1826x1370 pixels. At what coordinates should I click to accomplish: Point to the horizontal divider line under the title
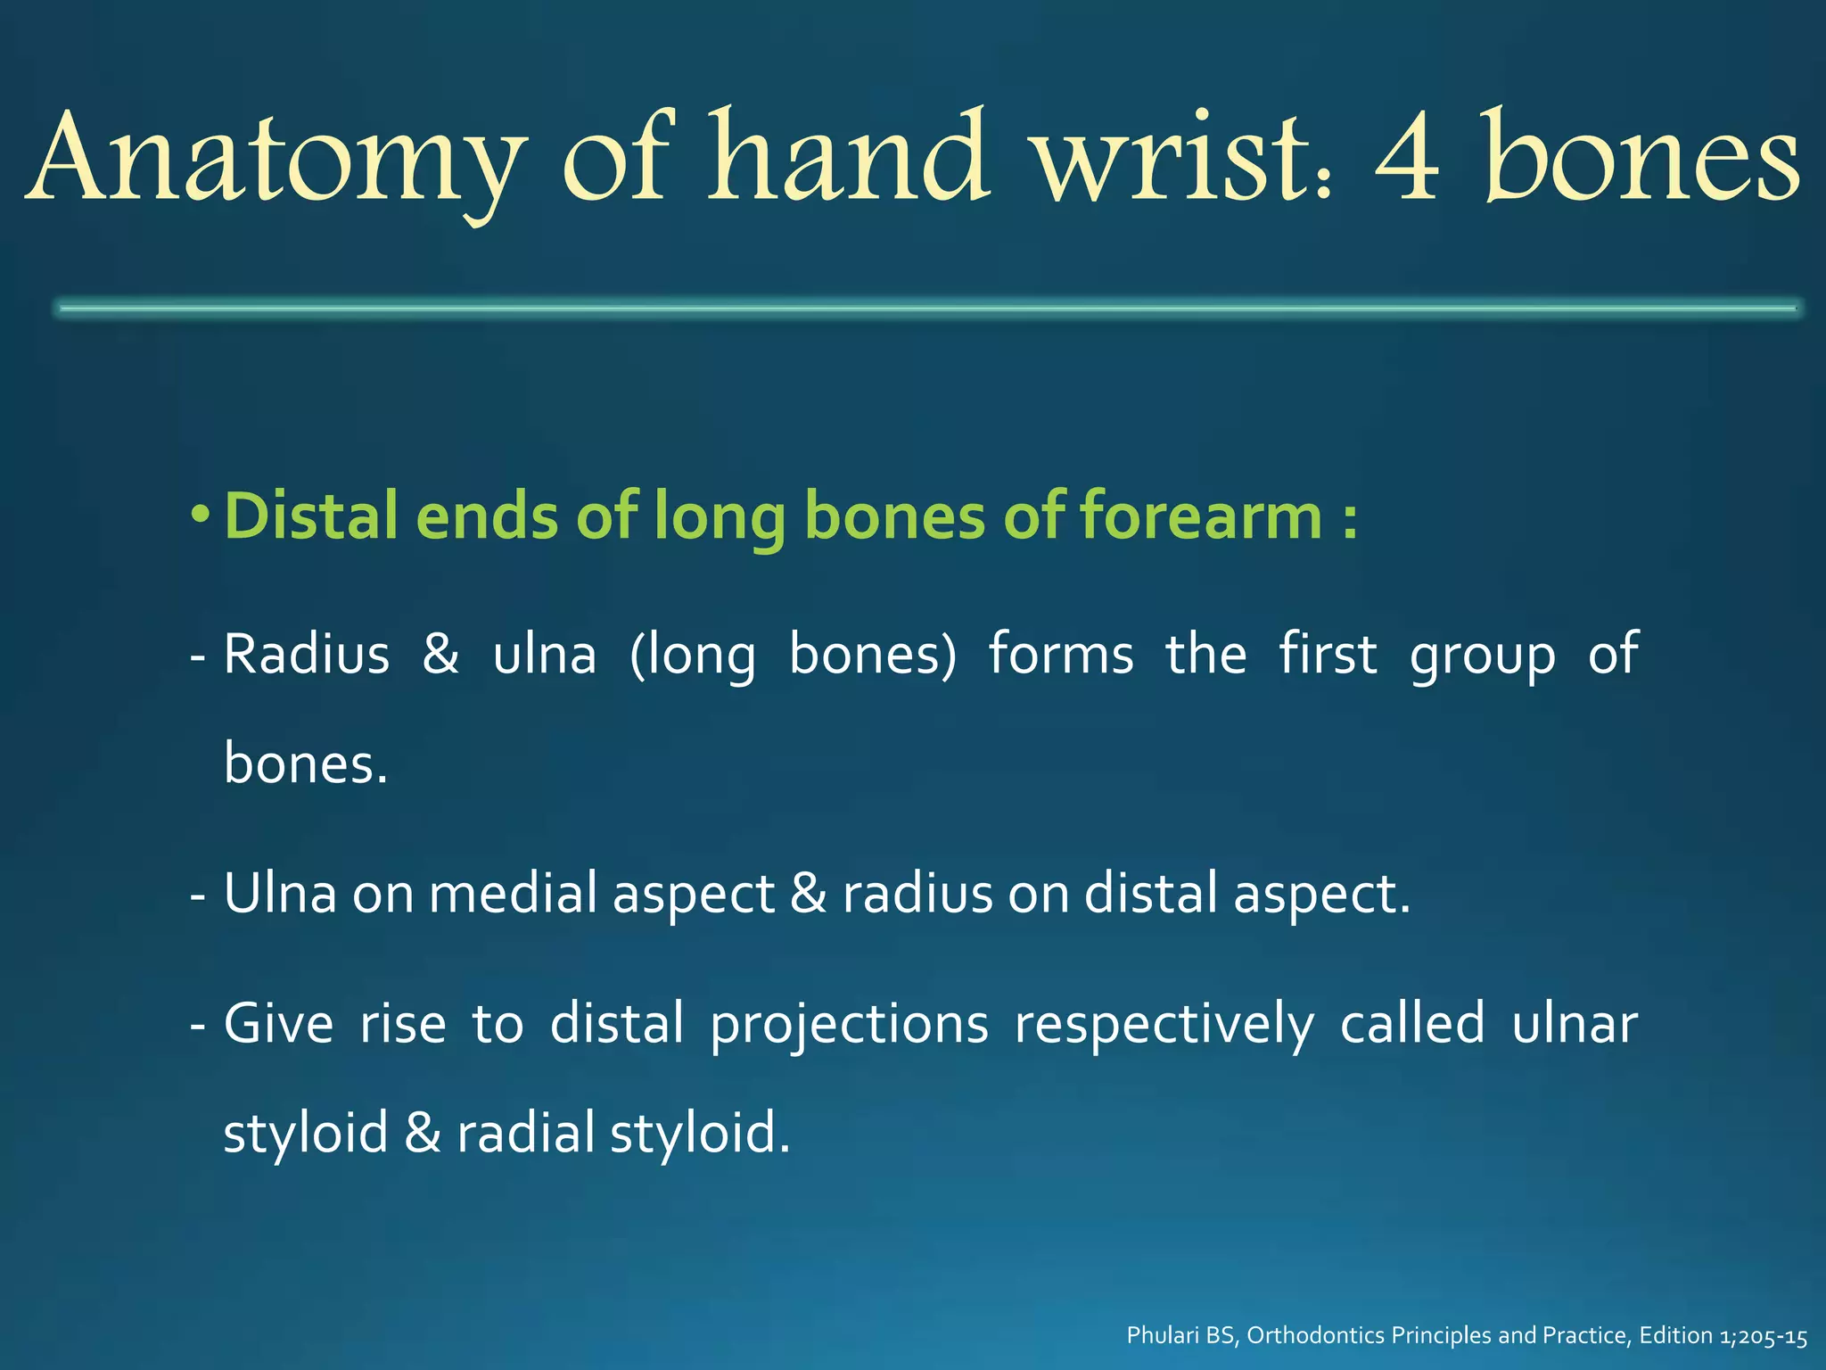tap(927, 309)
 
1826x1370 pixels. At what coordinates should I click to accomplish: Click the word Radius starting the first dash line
tap(306, 655)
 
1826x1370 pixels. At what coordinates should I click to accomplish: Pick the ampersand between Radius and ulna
tap(441, 655)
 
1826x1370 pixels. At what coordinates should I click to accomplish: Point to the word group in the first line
tap(1483, 655)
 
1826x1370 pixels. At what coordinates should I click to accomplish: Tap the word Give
tap(278, 1024)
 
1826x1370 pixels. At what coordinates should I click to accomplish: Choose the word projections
tap(849, 1024)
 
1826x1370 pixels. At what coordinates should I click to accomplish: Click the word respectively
tap(1164, 1024)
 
